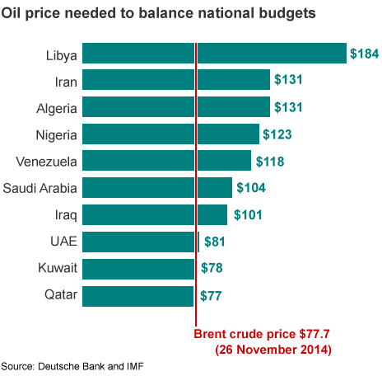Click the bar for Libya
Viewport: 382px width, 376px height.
215,54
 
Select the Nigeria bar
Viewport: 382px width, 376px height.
171,134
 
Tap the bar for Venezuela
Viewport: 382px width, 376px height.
167,161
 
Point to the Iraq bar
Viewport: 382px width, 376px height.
156,215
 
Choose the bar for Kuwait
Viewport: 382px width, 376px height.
141,269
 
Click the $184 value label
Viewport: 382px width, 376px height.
365,54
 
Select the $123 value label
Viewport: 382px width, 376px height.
277,134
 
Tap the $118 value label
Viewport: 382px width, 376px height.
269,161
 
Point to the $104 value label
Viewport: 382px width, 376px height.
250,188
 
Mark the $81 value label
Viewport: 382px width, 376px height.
215,242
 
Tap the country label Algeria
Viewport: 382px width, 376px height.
57,108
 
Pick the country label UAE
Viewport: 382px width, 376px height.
63,242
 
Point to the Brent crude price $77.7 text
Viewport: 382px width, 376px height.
262,334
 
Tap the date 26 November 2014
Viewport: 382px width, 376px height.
273,349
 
